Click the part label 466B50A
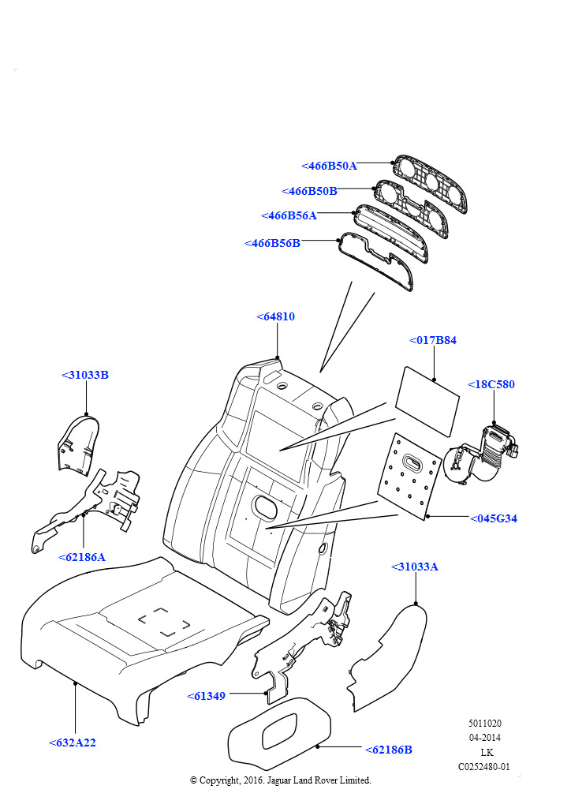click(x=330, y=166)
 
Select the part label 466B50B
click(x=309, y=191)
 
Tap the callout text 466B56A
click(x=289, y=215)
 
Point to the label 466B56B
click(x=272, y=243)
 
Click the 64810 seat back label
click(x=275, y=316)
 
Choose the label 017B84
click(x=433, y=340)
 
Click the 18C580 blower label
click(x=491, y=384)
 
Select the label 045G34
click(x=494, y=518)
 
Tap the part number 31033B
click(x=85, y=375)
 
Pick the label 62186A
click(x=82, y=557)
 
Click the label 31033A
click(x=415, y=567)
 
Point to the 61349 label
click(x=206, y=696)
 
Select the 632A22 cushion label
click(x=73, y=743)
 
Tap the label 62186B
click(x=389, y=750)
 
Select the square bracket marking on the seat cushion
click(x=163, y=621)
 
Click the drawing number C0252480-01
click(x=484, y=766)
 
